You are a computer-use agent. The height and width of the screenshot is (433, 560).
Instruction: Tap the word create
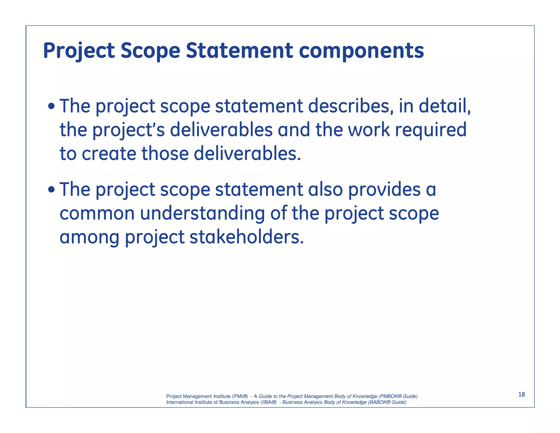click(109, 154)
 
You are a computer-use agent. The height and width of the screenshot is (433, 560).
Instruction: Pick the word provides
click(384, 189)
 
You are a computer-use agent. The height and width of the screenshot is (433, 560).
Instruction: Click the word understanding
click(202, 213)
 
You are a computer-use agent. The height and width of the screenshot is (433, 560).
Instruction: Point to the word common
click(97, 213)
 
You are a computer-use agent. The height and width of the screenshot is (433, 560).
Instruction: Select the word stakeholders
click(246, 237)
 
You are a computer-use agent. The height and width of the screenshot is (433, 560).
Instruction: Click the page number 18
click(521, 394)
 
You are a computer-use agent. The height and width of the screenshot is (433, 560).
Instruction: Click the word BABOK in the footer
click(378, 402)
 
